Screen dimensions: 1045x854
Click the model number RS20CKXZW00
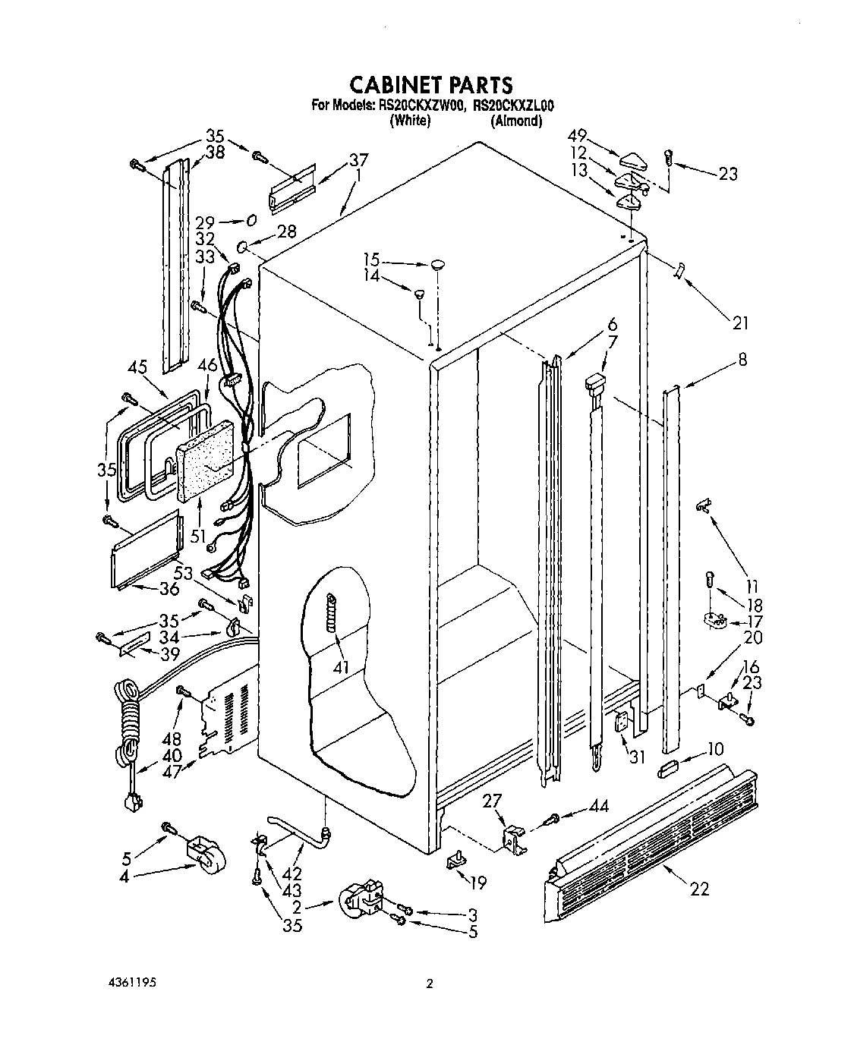(420, 107)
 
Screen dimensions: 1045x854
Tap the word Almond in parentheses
(516, 121)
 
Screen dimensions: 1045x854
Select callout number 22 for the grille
(699, 889)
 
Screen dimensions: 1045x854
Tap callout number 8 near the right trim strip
(742, 360)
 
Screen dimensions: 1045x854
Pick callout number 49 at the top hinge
(578, 137)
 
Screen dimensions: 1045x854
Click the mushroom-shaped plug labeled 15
(438, 264)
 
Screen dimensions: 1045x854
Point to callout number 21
(740, 323)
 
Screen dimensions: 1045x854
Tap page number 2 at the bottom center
(430, 984)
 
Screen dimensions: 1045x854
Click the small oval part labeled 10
(669, 772)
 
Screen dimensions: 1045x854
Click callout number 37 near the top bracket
(358, 160)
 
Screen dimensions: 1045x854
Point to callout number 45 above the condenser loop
(137, 367)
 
